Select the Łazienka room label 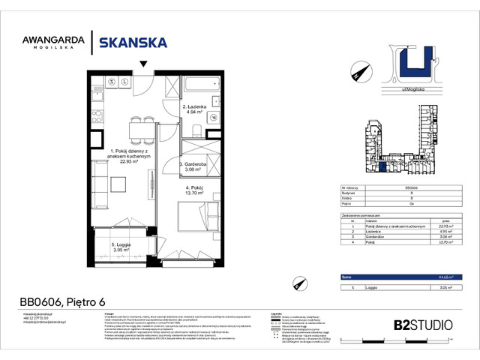pyautogui.click(x=196, y=109)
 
